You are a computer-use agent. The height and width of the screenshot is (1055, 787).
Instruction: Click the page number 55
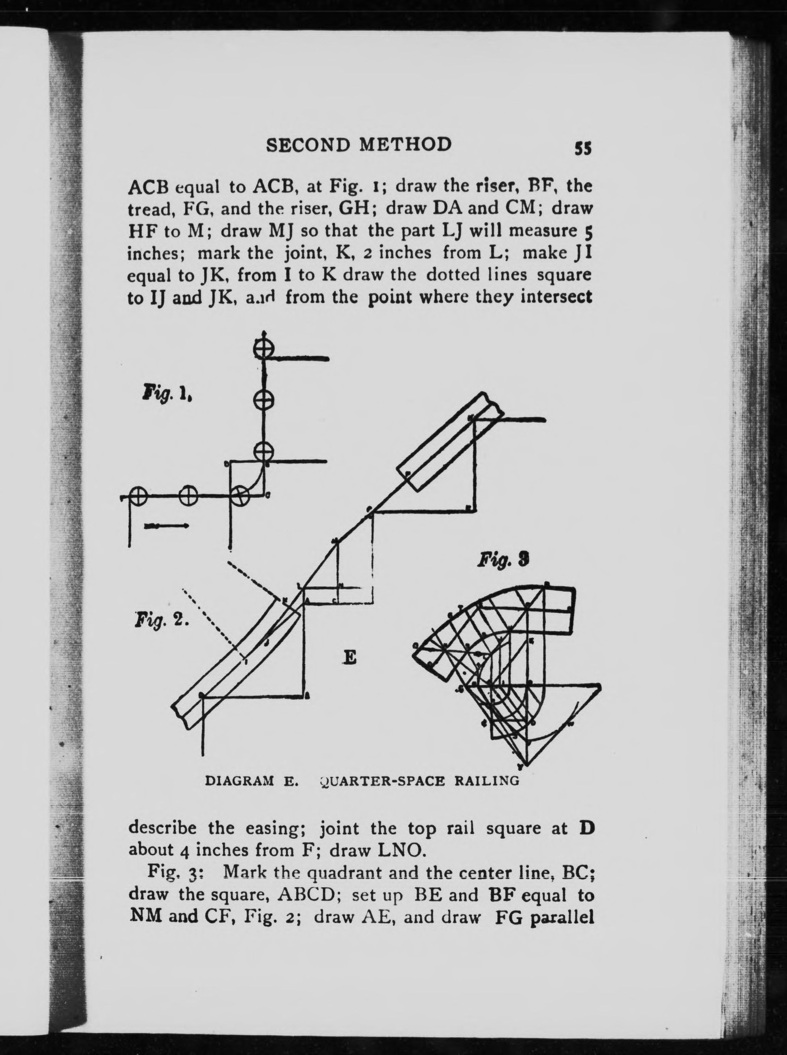pyautogui.click(x=582, y=148)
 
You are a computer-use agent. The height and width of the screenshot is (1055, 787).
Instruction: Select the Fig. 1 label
pyautogui.click(x=167, y=395)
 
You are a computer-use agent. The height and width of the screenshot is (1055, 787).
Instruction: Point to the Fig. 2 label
pyautogui.click(x=162, y=621)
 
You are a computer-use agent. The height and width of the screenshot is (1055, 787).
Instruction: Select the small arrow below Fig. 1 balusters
pyautogui.click(x=167, y=526)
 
